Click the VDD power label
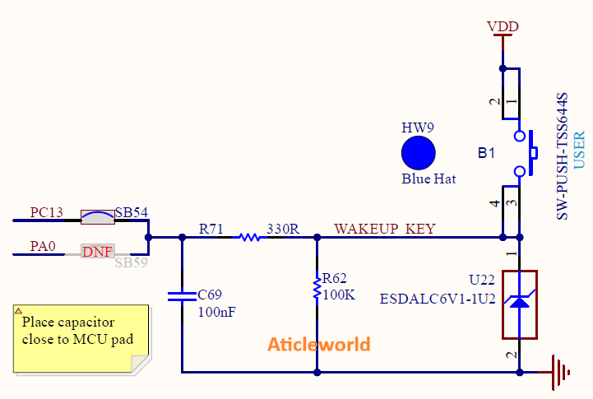coord(502,26)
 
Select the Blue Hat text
coord(428,179)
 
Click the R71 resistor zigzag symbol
coord(249,238)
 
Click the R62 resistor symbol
coord(317,288)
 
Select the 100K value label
coord(339,295)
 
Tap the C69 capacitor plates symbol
coord(182,296)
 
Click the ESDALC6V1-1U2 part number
coord(437,299)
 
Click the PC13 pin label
coord(46,212)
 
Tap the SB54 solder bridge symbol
coord(97,218)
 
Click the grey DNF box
coord(97,252)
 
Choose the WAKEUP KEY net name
coord(384,228)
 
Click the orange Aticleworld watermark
coord(319,344)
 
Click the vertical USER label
coord(579,151)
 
